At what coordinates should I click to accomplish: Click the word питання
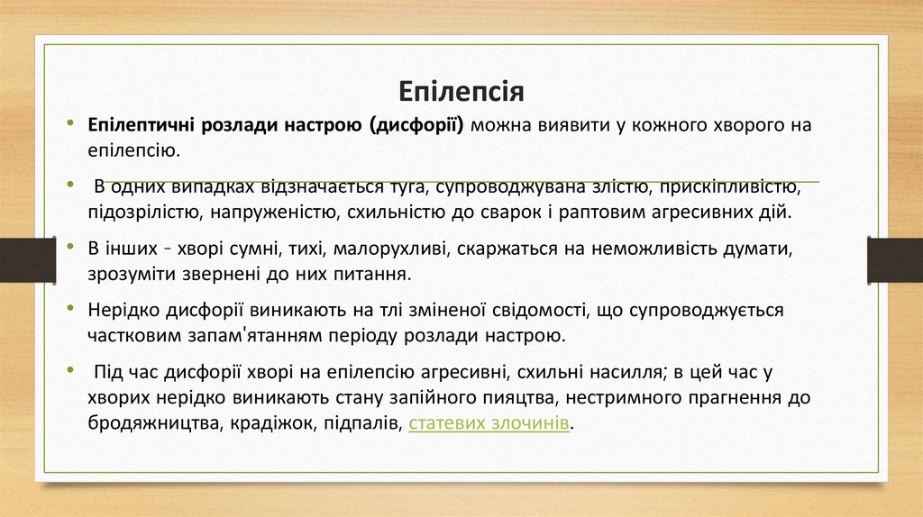(x=356, y=273)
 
